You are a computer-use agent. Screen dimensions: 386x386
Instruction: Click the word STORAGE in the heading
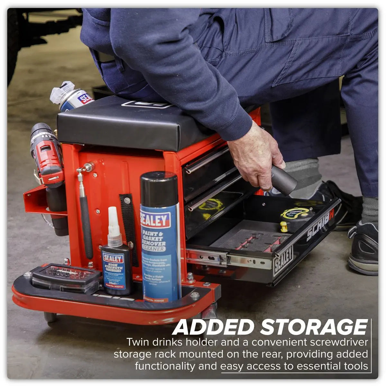click(x=314, y=327)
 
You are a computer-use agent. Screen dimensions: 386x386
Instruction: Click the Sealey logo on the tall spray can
click(x=155, y=220)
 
